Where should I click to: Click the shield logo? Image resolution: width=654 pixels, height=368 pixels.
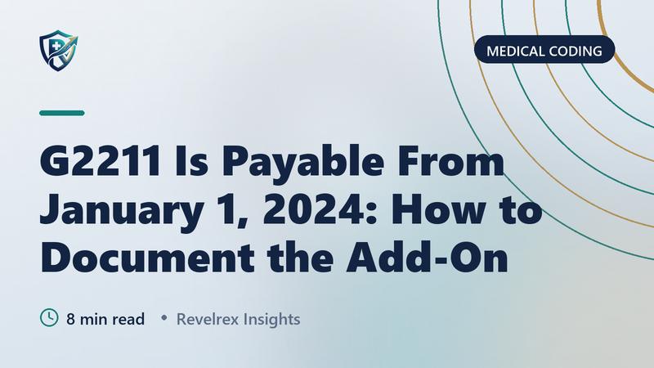coord(58,50)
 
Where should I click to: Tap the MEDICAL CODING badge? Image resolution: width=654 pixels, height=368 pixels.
coord(544,50)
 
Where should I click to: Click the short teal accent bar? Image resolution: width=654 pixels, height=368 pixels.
coord(62,113)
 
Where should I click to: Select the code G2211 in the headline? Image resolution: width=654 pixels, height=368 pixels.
coord(100,161)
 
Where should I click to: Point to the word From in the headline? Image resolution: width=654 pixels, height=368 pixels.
coord(450,161)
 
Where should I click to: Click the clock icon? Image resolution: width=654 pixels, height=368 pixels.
coord(49,317)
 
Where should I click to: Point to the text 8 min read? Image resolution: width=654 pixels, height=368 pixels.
coord(105,319)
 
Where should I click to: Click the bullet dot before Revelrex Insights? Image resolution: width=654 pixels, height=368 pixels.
coord(164,318)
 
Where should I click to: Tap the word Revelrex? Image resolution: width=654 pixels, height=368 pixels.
coord(208,319)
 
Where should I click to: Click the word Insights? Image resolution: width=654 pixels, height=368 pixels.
coord(271,319)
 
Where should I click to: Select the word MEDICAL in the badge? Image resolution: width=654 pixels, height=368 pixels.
coord(515,52)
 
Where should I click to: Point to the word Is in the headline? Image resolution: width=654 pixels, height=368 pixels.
coord(191,161)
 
